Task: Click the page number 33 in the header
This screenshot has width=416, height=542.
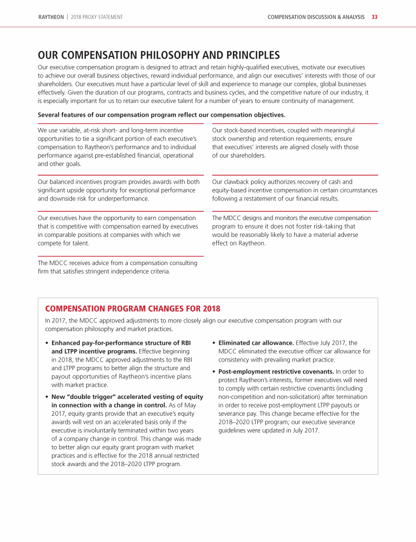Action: pyautogui.click(x=374, y=17)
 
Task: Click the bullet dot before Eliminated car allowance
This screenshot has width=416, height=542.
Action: pyautogui.click(x=214, y=343)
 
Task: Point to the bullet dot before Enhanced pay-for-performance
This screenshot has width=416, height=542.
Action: pyautogui.click(x=48, y=343)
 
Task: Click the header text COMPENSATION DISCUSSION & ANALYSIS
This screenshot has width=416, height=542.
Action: pyautogui.click(x=316, y=17)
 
